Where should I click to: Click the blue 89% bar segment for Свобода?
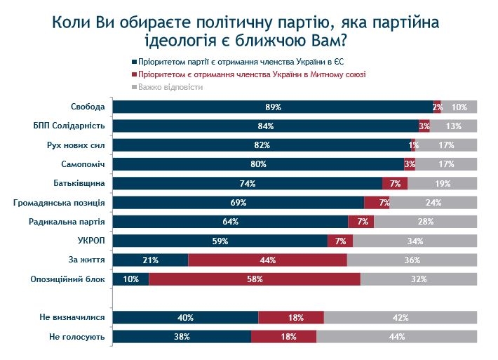pyautogui.click(x=274, y=107)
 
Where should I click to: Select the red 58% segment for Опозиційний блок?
pyautogui.click(x=255, y=279)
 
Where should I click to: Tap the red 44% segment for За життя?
pyautogui.click(x=267, y=260)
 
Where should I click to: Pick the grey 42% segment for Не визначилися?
pyautogui.click(x=401, y=318)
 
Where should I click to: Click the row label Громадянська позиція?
pyautogui.click(x=60, y=203)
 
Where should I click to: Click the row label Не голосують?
pyautogui.click(x=78, y=337)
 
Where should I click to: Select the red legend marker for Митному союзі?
pyautogui.click(x=134, y=74)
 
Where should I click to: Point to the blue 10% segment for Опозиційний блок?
pyautogui.click(x=131, y=279)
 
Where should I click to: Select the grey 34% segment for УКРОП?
pyautogui.click(x=415, y=241)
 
